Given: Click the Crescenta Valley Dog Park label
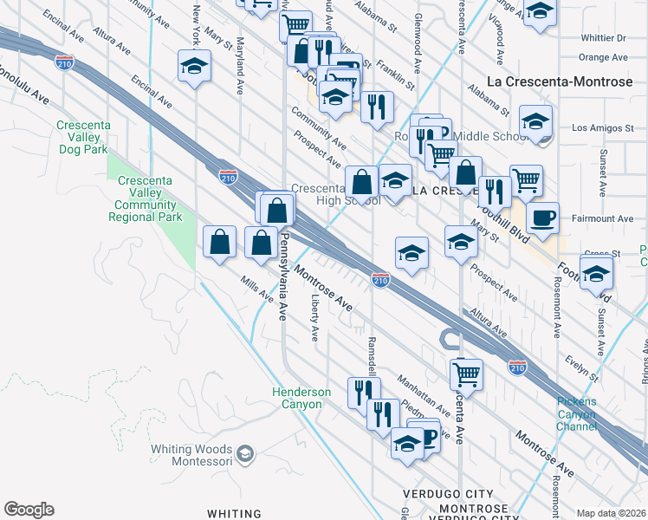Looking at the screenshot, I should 83,137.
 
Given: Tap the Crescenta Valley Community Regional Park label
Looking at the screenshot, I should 145,198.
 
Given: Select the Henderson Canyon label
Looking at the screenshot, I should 301,399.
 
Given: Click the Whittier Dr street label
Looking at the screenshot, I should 603,38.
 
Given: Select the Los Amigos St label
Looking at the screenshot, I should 604,128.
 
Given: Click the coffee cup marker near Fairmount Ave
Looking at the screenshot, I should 542,218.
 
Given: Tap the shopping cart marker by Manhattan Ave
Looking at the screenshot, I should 466,374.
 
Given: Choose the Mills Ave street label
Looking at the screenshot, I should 258,290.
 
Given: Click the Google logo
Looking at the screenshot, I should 29,510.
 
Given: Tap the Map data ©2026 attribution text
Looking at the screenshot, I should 611,513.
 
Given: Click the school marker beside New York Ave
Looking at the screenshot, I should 195,67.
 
